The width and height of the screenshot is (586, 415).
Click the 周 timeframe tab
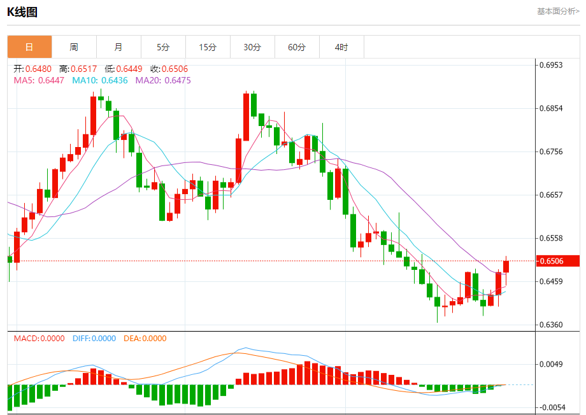point(74,47)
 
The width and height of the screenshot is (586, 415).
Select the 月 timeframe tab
point(118,47)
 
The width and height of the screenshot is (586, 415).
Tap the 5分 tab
point(163,47)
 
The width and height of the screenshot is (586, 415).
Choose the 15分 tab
point(208,47)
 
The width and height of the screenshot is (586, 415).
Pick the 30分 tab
point(252,47)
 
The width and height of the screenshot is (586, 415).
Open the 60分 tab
point(297,47)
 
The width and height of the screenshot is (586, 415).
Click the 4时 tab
point(341,47)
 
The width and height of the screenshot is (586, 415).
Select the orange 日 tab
point(29,47)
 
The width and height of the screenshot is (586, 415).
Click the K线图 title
point(22,11)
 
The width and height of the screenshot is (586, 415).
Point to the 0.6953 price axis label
point(551,65)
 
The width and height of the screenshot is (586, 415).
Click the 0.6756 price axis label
point(551,151)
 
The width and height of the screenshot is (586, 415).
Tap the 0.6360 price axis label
point(551,325)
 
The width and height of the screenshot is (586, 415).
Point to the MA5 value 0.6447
point(51,80)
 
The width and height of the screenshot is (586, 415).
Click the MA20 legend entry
point(162,80)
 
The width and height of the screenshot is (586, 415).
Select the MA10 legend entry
point(100,80)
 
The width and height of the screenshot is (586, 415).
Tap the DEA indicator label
point(144,339)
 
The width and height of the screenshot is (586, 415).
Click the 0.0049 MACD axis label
point(551,365)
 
